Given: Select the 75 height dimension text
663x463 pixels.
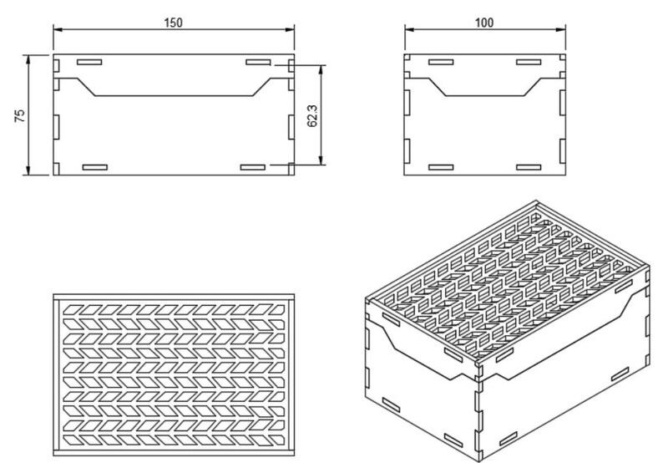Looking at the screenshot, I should tap(20, 115).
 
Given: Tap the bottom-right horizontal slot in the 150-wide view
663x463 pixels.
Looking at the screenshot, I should tap(252, 168).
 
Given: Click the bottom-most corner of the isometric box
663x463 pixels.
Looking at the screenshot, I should tap(479, 456).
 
